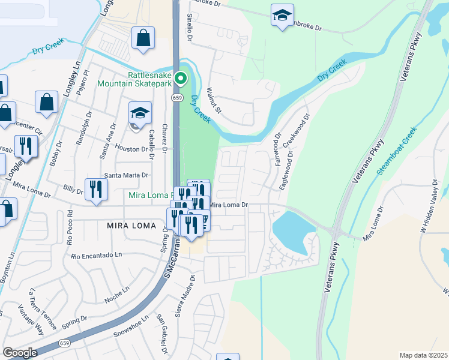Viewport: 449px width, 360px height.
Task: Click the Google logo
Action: [x=20, y=352]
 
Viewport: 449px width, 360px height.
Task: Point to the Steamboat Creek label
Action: [x=396, y=151]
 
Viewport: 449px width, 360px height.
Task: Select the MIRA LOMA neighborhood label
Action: [x=131, y=226]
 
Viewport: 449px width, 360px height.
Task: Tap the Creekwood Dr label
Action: [x=297, y=135]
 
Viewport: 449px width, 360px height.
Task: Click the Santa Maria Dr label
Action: [x=126, y=175]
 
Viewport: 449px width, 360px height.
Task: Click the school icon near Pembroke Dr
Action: [x=282, y=16]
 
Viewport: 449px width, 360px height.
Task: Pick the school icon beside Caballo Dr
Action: [x=140, y=113]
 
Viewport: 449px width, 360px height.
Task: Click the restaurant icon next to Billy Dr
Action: [x=96, y=189]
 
